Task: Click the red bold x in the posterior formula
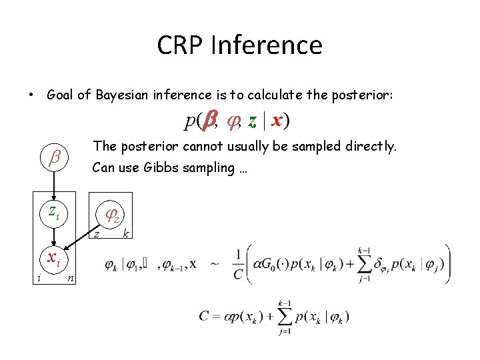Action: coord(279,121)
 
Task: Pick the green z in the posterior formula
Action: coord(252,121)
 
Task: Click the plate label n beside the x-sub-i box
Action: coord(70,279)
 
